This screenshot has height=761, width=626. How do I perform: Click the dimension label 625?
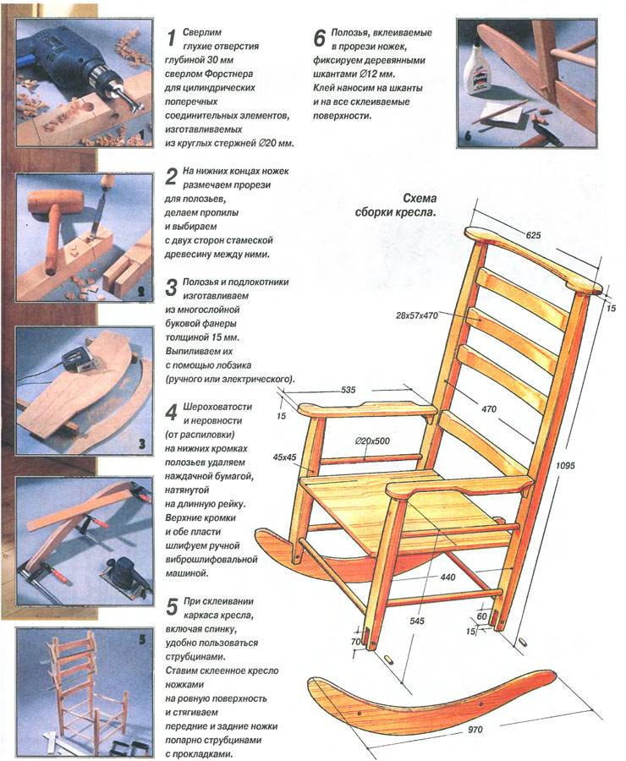point(533,235)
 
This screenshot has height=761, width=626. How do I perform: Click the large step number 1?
point(171,38)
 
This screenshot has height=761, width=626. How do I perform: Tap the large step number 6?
point(319,38)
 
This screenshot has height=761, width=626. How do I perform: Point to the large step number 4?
point(171,412)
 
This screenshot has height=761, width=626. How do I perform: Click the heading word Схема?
point(419,199)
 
